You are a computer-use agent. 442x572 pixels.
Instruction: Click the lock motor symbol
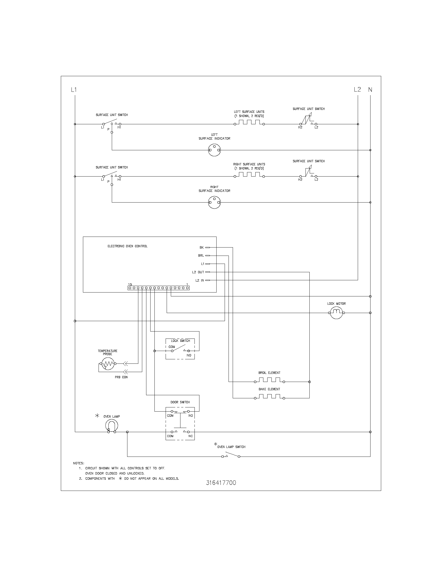click(336, 313)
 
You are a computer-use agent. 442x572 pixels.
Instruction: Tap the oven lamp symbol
click(112, 425)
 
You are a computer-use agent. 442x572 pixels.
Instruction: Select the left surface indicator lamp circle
click(214, 150)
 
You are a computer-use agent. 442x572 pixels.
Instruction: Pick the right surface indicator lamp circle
click(214, 203)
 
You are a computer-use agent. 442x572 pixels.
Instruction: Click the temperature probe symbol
click(108, 363)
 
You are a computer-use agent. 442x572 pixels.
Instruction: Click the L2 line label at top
click(357, 90)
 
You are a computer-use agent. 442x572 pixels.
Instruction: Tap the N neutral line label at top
click(370, 90)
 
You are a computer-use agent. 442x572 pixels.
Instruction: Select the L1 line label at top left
click(74, 90)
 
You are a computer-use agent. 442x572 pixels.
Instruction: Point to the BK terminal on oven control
click(201, 248)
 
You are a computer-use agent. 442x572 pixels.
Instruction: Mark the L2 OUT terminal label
click(198, 272)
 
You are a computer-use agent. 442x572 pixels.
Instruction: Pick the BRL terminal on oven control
click(201, 256)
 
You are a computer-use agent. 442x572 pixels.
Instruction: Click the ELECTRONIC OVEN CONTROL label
click(127, 246)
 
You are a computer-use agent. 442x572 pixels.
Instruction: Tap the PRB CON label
click(121, 377)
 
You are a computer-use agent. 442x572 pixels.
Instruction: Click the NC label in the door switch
click(191, 436)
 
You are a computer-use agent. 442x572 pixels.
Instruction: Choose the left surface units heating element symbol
click(249, 122)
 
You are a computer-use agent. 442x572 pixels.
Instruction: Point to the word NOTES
click(79, 463)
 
